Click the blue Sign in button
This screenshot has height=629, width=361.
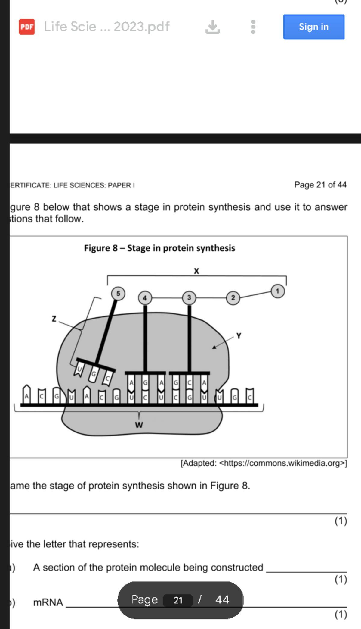coord(313,27)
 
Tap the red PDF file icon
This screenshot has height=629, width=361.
coord(27,27)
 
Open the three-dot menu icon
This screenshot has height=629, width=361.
coord(253,27)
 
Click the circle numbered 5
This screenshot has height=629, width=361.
coord(118,293)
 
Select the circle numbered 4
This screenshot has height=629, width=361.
coord(145,298)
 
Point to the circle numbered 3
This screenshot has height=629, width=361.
coord(189,298)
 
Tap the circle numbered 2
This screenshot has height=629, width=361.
coord(233,298)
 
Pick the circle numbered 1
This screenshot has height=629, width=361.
coord(277,291)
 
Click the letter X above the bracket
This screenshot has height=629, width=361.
coord(196,271)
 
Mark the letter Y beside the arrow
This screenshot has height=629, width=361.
coord(239,336)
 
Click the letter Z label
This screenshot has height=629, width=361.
coord(54,319)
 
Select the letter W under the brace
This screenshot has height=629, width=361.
coord(139,425)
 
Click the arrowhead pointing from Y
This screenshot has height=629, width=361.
coord(214,347)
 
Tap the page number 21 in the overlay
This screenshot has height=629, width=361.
coord(178,600)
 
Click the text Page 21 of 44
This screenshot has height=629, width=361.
coord(320,185)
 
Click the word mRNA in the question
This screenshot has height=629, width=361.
coord(48,602)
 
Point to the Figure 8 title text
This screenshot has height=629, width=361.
coord(159,248)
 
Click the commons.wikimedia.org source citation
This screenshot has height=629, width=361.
coord(264,463)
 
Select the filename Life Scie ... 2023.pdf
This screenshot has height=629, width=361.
coord(107,27)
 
